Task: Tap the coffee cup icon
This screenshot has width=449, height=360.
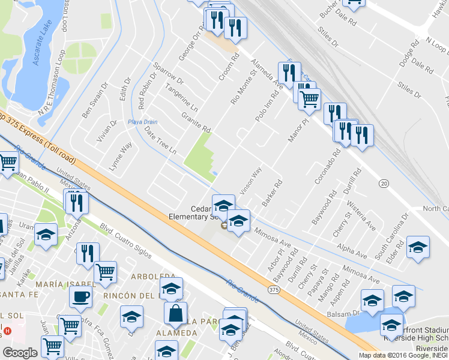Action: (80, 296)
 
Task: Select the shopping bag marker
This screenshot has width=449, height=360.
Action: (176, 313)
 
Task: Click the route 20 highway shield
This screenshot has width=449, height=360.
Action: (384, 182)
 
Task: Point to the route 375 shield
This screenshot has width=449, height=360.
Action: (274, 290)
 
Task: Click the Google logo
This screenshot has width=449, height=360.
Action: (19, 353)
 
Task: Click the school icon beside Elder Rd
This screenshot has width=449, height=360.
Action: (418, 247)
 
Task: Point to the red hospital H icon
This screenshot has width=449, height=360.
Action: (7, 331)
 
